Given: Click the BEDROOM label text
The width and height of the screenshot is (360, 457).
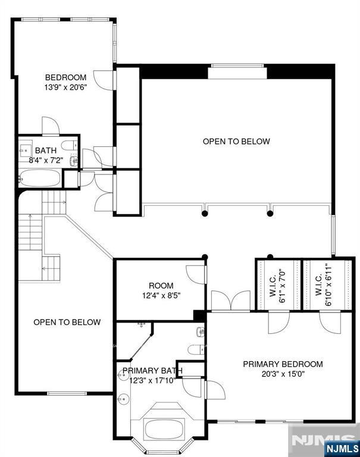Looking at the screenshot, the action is tap(66, 77).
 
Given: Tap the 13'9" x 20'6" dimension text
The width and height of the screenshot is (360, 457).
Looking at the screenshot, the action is tap(66, 87).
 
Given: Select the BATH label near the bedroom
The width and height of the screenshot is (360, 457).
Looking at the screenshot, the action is tap(46, 151).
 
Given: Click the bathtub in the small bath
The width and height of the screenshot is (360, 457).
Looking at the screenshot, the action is tap(40, 178).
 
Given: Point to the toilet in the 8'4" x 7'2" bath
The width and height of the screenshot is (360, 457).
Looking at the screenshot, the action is tap(70, 145).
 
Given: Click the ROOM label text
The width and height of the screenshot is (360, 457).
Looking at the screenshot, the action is tap(161, 286).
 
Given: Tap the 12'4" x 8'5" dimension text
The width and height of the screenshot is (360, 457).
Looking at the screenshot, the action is tap(161, 296).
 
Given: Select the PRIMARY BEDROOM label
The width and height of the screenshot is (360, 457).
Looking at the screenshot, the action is tap(283, 364).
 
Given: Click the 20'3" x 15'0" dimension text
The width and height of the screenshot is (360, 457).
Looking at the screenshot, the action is tap(283, 374).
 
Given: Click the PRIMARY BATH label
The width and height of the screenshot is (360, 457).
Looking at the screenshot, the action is tap(152, 371).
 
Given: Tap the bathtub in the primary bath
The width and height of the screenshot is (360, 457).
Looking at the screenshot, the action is tap(164, 428).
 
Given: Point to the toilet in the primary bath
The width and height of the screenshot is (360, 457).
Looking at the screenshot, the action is tap(196, 350).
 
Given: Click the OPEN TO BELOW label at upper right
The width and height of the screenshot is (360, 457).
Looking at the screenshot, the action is tap(236, 142).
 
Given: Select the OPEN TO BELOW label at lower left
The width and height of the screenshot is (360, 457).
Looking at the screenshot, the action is tap(67, 322).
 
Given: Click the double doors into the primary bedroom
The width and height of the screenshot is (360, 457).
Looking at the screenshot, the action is tap(230, 301).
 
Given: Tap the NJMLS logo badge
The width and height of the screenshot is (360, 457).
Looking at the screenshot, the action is tap(342, 448).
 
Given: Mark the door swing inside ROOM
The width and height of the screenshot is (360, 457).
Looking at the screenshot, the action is tap(196, 274).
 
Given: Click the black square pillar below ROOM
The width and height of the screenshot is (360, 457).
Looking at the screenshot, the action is tap(200, 315).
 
